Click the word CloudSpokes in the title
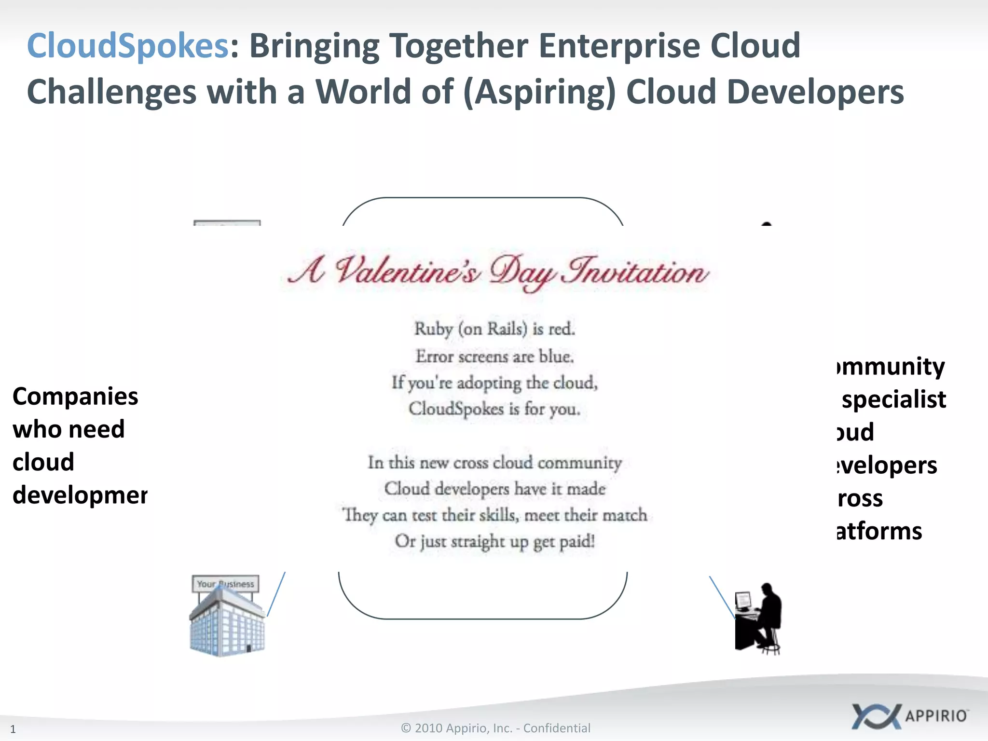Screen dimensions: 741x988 127,46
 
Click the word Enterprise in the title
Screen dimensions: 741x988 618,46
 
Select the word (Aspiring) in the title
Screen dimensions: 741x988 539,92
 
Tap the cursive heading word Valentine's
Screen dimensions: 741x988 408,271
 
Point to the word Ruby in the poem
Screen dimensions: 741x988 433,329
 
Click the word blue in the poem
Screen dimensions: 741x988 555,357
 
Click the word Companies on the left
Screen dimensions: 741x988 75,397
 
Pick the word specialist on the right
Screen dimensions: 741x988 893,399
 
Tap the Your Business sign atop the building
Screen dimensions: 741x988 225,584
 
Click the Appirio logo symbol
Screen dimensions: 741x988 875,716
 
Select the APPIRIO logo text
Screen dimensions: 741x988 936,716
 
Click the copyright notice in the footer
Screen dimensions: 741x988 495,728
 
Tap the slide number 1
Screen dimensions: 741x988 13,729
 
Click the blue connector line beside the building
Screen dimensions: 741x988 276,594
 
